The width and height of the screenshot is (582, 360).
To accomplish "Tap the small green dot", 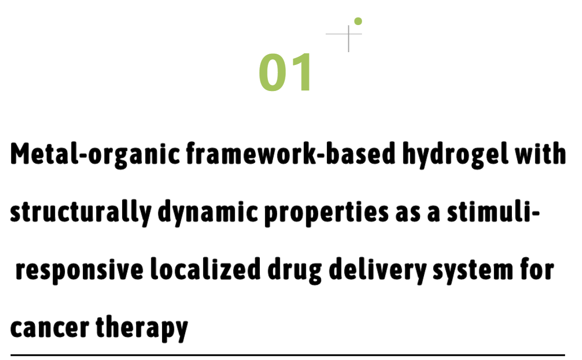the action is point(358,21).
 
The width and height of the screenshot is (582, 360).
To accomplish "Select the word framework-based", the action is point(290,153).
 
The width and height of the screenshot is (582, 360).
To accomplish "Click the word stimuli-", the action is point(494,211).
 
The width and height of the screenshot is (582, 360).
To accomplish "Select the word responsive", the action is point(79,271).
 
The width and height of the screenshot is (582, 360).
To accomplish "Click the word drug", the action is point(295,271).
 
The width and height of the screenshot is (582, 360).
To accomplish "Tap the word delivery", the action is point(378,271).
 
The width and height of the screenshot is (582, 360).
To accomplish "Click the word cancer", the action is point(50,327).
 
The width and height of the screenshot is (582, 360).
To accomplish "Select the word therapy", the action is point(142,328).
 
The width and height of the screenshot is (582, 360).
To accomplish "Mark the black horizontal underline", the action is point(287,355).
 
